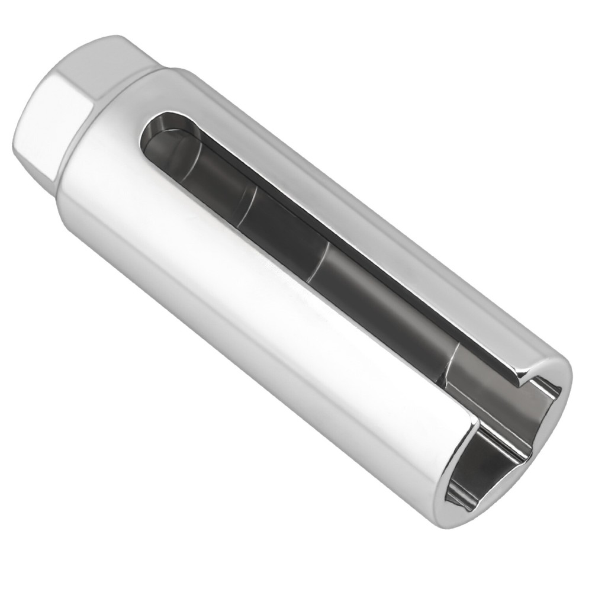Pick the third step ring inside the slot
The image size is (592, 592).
320,260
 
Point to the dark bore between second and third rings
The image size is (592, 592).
284,231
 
